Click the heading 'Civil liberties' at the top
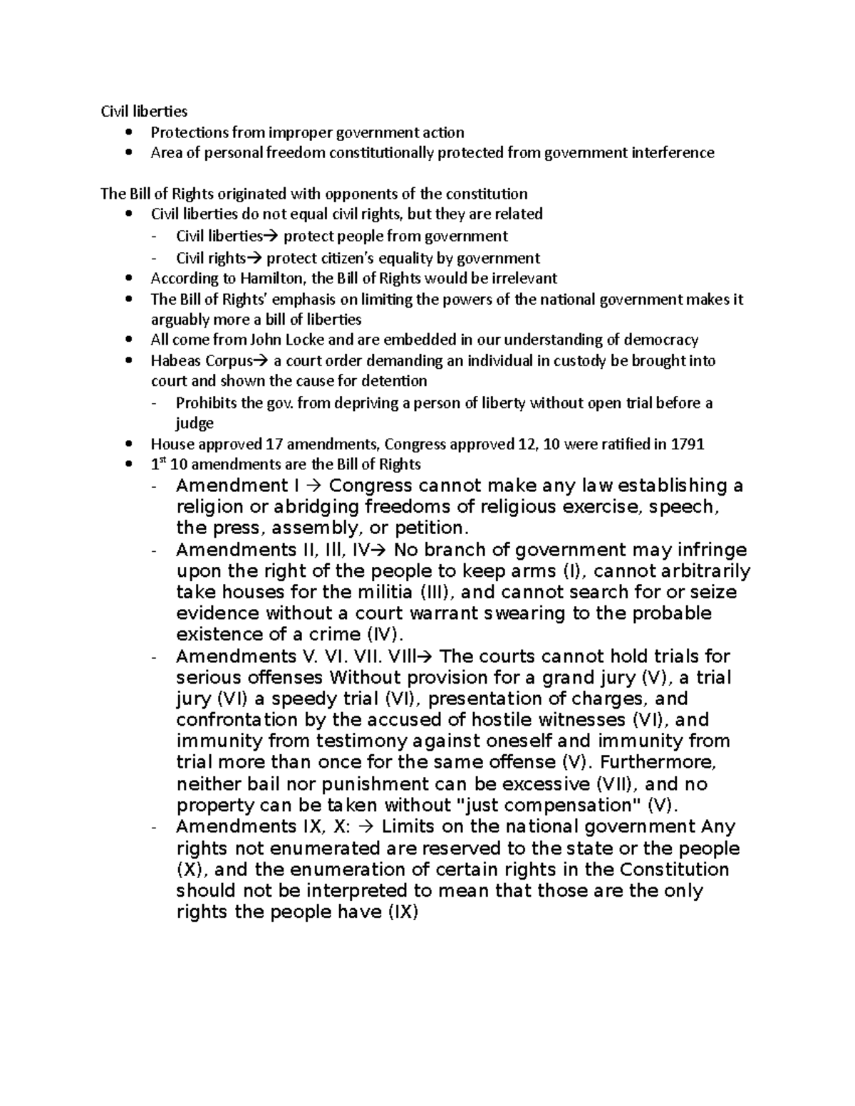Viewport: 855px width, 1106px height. [143, 111]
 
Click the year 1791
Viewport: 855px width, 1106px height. [688, 444]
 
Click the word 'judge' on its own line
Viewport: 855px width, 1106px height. [195, 423]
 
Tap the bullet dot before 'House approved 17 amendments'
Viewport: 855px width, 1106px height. [128, 444]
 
